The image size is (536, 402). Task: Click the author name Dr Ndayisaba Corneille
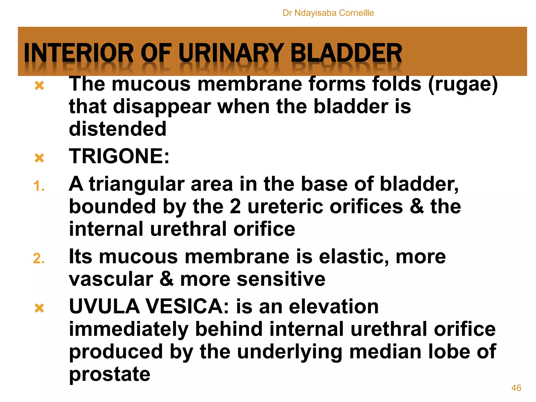(x=328, y=13)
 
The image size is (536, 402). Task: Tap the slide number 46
(x=516, y=388)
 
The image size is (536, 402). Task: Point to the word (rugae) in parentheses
(x=463, y=84)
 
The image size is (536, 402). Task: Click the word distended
(x=118, y=129)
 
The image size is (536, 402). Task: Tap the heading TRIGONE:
(x=119, y=156)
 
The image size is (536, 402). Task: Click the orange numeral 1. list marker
(x=39, y=186)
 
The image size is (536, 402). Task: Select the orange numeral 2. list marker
(x=39, y=259)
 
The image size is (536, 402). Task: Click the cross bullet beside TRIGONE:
(x=39, y=158)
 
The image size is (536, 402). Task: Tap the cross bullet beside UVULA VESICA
(x=39, y=308)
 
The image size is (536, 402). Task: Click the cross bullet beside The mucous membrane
(x=39, y=86)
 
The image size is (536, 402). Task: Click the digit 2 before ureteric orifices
(x=235, y=206)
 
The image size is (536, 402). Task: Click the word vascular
(x=111, y=279)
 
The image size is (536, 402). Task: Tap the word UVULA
(x=104, y=306)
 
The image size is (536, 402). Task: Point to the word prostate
(x=109, y=375)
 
